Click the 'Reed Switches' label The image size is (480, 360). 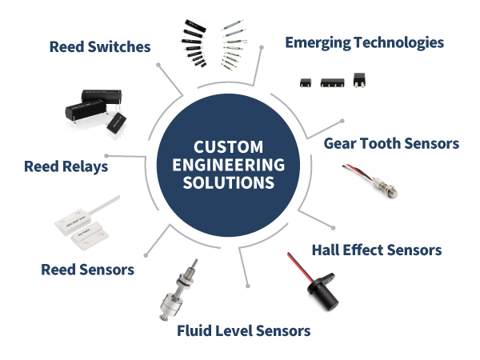tap(100, 47)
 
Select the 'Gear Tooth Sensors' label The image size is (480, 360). tap(391, 144)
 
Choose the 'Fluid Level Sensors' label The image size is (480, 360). tap(243, 330)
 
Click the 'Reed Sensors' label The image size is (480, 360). tap(87, 270)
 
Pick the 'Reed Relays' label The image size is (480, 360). tap(66, 167)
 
